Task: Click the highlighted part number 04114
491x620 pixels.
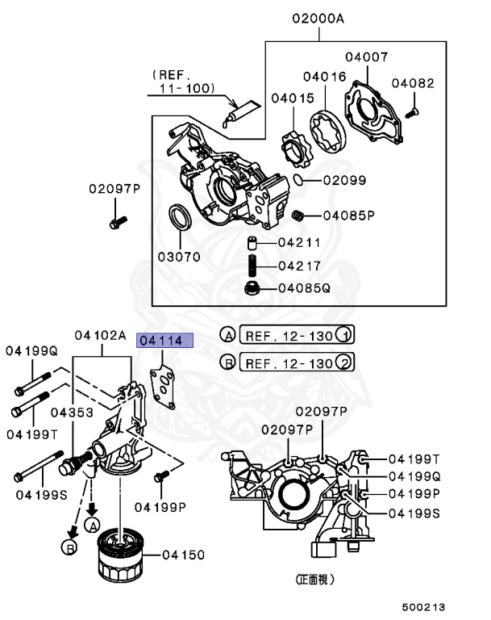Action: coord(165,341)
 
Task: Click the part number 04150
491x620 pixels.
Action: coord(184,555)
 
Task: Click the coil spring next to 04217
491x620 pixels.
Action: coord(252,266)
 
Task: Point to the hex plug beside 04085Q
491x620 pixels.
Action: coord(251,287)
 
